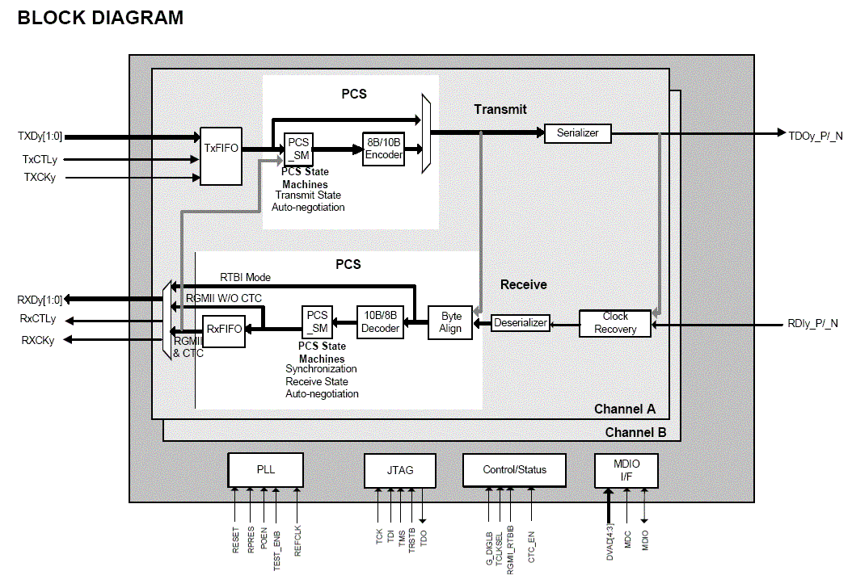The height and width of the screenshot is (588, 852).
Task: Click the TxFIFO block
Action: [x=221, y=149]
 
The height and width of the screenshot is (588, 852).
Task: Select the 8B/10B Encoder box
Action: [x=383, y=149]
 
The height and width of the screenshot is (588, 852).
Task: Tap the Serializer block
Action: [x=577, y=132]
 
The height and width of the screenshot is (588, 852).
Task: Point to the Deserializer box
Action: [x=521, y=323]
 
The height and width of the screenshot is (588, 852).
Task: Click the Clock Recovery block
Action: [x=615, y=323]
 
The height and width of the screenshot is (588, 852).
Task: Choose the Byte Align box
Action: [x=450, y=322]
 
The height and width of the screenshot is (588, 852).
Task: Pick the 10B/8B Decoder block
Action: [x=380, y=322]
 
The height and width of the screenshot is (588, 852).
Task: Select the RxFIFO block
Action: [x=224, y=329]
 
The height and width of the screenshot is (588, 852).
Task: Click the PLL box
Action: [x=265, y=469]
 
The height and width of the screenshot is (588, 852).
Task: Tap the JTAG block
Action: [x=400, y=469]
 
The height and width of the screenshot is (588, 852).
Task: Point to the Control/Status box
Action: [x=514, y=469]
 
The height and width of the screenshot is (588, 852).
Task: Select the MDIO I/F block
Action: [x=626, y=469]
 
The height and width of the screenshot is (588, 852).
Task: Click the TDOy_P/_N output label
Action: [x=816, y=135]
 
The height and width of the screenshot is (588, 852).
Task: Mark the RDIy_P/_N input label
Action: [x=812, y=324]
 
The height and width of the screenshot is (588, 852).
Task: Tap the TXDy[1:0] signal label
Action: [x=40, y=136]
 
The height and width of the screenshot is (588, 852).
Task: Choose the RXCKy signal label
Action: [x=38, y=341]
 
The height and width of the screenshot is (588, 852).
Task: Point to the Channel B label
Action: [x=635, y=433]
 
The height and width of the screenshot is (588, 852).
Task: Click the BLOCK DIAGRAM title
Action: [x=100, y=17]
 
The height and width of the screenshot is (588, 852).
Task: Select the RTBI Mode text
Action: [x=245, y=277]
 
